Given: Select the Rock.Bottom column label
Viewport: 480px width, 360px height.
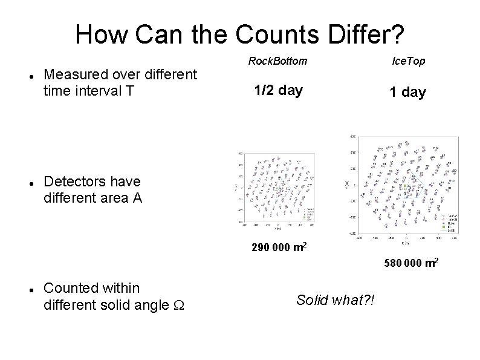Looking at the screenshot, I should pyautogui.click(x=277, y=61).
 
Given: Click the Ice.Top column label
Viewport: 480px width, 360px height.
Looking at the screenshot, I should pyautogui.click(x=408, y=61).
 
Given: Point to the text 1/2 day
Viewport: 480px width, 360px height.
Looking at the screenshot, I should pyautogui.click(x=278, y=91).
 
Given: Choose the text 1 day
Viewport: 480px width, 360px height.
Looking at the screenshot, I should pyautogui.click(x=407, y=93).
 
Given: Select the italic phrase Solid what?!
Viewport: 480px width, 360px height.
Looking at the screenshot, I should pyautogui.click(x=336, y=300).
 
